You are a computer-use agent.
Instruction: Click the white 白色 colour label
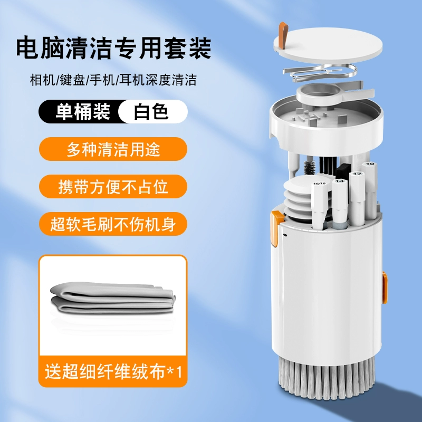153,111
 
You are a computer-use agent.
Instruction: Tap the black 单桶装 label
81,111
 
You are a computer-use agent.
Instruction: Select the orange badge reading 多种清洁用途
113,149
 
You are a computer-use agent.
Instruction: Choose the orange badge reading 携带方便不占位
113,187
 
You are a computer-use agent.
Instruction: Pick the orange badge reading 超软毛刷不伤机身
113,224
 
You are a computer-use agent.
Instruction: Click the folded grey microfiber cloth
113,298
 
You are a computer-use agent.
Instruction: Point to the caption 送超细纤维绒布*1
113,371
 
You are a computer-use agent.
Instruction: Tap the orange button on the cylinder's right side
385,287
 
